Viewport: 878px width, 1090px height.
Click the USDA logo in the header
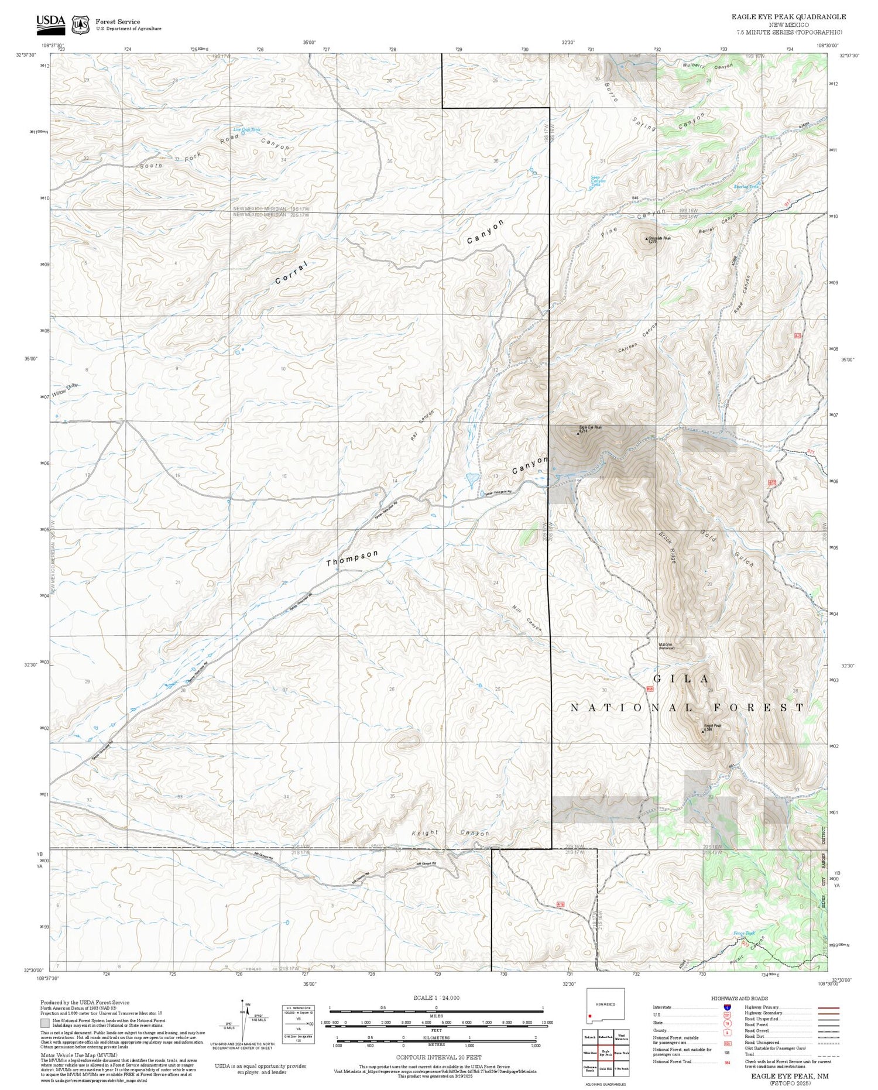(50, 22)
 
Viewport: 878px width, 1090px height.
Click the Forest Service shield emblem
(80, 25)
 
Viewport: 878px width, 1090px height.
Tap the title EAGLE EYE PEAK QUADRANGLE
(788, 17)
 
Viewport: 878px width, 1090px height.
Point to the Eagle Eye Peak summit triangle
(578, 434)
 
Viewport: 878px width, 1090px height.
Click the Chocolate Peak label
(659, 238)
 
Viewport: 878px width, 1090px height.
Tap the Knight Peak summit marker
(703, 731)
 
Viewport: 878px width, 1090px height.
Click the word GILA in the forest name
(681, 679)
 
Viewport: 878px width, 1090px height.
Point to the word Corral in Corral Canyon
(291, 273)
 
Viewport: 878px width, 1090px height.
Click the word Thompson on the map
(352, 558)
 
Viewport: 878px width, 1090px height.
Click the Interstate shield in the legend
(728, 1007)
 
